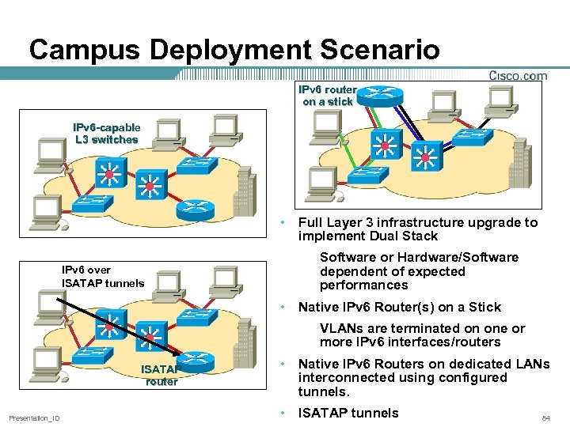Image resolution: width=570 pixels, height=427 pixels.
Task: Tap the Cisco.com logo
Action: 517,76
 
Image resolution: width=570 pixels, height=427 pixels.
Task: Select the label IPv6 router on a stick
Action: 328,96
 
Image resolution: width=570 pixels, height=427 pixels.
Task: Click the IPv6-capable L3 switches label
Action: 106,133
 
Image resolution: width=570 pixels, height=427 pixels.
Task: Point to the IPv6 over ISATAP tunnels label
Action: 103,276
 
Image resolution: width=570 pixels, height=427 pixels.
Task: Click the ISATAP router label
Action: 161,375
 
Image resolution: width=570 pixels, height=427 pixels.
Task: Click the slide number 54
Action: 545,418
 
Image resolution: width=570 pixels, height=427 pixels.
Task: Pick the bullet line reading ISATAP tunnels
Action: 348,412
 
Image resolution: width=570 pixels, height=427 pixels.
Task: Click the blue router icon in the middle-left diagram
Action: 195,209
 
